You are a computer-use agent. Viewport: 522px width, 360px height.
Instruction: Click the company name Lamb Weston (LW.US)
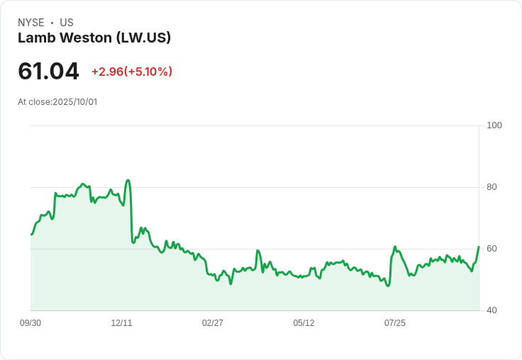[x=94, y=38]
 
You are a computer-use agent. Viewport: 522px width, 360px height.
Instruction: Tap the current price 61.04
[x=48, y=72]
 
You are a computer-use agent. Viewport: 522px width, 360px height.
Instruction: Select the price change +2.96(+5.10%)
[x=132, y=72]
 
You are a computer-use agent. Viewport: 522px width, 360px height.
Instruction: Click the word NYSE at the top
[x=31, y=23]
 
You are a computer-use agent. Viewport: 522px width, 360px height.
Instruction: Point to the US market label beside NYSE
[x=66, y=23]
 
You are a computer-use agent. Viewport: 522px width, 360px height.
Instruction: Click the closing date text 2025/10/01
[x=74, y=102]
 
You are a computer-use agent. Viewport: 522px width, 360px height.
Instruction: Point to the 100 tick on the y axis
[x=494, y=125]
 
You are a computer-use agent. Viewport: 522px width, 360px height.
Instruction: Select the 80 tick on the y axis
[x=492, y=187]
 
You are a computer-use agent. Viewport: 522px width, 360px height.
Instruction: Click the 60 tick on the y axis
[x=492, y=249]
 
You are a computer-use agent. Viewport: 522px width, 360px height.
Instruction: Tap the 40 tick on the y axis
[x=492, y=310]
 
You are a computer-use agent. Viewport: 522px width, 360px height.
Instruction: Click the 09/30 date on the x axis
[x=30, y=323]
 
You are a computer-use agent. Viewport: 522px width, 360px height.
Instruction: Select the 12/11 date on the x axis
[x=121, y=323]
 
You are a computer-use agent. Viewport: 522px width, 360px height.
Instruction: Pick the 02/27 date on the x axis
[x=212, y=323]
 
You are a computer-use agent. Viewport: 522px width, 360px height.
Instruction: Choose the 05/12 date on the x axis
[x=304, y=323]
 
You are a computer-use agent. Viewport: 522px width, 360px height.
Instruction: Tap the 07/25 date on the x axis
[x=394, y=323]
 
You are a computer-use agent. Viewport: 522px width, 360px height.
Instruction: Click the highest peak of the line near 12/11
[x=128, y=180]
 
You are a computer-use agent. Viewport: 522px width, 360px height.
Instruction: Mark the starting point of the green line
[x=31, y=234]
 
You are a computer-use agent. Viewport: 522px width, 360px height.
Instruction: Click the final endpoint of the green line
[x=479, y=247]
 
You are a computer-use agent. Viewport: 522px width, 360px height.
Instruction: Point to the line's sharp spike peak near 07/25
[x=394, y=247]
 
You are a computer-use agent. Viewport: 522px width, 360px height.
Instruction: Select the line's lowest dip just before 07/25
[x=387, y=286]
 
